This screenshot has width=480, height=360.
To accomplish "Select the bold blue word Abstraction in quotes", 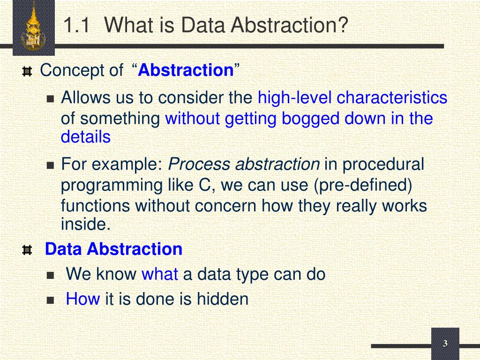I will tap(186, 71).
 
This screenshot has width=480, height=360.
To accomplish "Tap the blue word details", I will tap(86, 137).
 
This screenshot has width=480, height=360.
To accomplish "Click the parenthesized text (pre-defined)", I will tap(362, 185).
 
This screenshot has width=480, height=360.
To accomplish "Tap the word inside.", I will tap(86, 225).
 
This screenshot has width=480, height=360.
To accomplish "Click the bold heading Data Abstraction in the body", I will tap(113, 249).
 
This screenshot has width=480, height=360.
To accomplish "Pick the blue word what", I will tap(160, 274).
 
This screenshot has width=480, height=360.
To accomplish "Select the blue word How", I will tap(83, 299).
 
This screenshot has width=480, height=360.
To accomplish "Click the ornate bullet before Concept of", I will tap(27, 72).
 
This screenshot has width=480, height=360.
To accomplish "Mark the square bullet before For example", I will tap(51, 166).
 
